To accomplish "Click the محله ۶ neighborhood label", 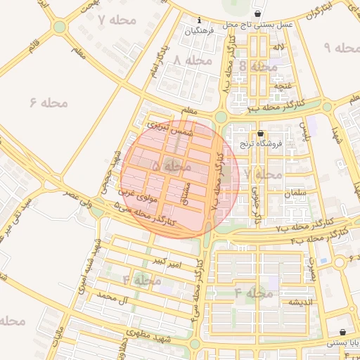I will (49, 103).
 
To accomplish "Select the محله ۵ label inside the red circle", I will (171, 166).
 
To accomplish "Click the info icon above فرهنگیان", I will (200, 20).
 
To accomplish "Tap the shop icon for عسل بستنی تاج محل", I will (258, 13).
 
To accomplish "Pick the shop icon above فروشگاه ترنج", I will (261, 133).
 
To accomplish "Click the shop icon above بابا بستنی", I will (342, 332).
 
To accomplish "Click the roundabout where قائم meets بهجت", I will (59, 27).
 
